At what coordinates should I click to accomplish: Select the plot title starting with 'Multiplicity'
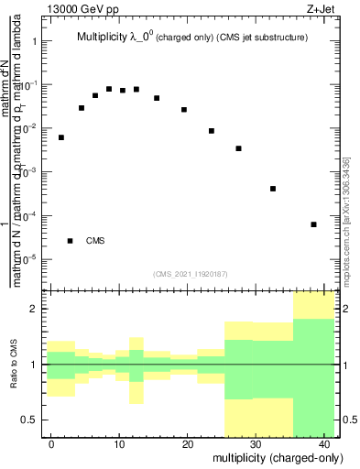pyautogui.click(x=191, y=37)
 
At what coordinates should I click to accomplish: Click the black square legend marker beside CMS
pyautogui.click(x=70, y=241)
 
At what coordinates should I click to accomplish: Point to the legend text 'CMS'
pyautogui.click(x=95, y=241)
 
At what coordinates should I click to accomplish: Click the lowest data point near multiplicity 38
pyautogui.click(x=313, y=224)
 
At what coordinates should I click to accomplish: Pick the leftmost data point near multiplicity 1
pyautogui.click(x=61, y=137)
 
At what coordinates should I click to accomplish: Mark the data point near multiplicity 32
pyautogui.click(x=273, y=189)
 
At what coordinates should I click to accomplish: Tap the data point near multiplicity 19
pyautogui.click(x=184, y=110)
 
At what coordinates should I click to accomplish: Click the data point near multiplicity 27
pyautogui.click(x=238, y=148)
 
